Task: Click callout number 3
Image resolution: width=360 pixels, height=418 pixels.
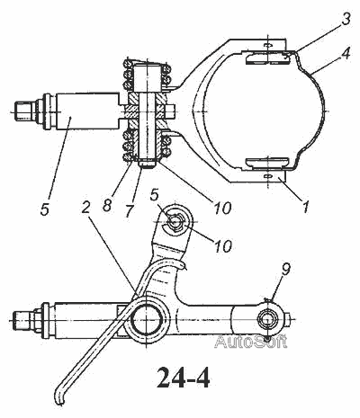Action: click(346, 19)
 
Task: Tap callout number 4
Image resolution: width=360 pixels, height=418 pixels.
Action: click(346, 54)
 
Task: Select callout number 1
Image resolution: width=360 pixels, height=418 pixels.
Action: click(305, 207)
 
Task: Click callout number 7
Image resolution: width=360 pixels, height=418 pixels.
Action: click(129, 210)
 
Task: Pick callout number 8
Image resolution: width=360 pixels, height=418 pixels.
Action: click(107, 206)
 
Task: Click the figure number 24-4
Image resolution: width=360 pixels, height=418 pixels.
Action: click(184, 378)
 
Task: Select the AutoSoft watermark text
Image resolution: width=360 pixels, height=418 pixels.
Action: click(250, 342)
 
